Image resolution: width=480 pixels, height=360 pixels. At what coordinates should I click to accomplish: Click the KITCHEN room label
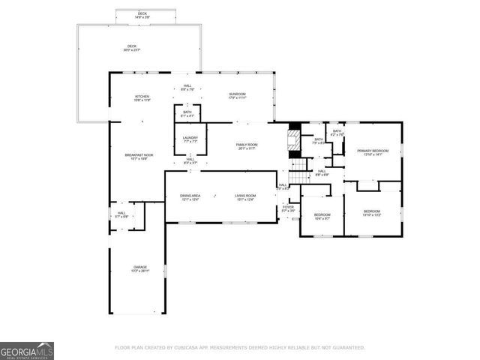[x=142, y=97]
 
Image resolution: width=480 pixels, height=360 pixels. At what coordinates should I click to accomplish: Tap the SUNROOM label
[x=237, y=95]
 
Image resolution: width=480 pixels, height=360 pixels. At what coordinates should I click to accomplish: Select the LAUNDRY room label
[x=190, y=138]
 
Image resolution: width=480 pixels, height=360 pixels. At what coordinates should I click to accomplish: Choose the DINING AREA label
[x=190, y=197]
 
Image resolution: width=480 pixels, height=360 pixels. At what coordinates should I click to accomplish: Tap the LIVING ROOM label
[x=245, y=197]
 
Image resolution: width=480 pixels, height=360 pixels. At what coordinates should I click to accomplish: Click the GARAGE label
[x=140, y=268]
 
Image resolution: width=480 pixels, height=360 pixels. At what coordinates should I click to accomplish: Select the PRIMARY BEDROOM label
[x=373, y=152]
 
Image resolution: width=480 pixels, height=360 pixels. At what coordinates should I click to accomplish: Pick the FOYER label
[x=288, y=208]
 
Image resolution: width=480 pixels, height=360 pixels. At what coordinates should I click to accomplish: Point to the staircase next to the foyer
[x=299, y=169]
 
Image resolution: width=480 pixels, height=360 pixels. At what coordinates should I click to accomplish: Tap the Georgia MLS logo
[x=27, y=351]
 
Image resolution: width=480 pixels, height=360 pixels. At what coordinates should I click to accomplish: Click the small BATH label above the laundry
[x=187, y=113]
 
